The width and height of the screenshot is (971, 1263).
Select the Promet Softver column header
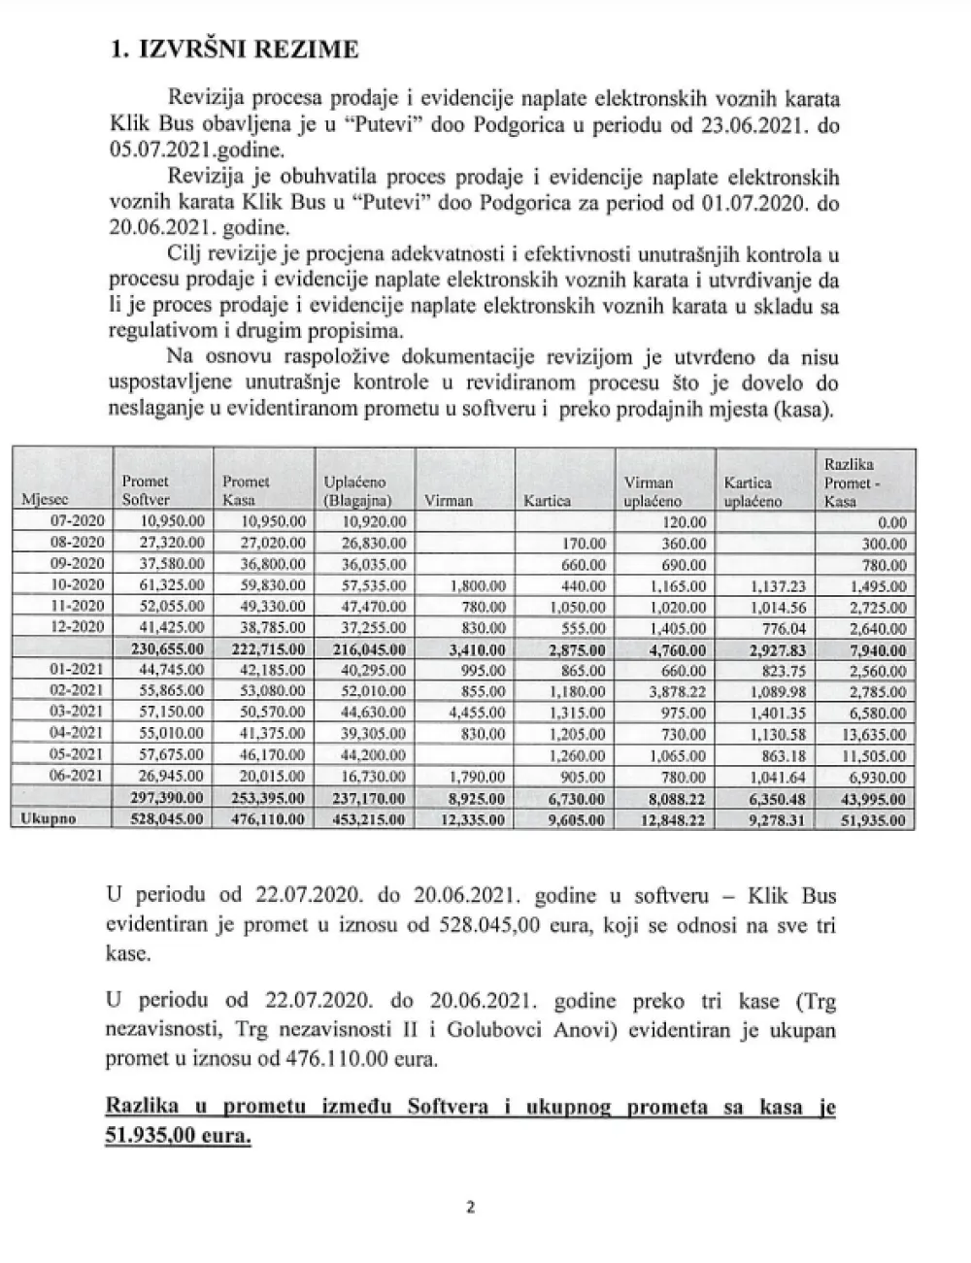coord(145,490)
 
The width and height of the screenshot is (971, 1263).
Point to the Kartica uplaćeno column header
coord(748,491)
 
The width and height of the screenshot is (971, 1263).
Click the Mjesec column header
coord(42,501)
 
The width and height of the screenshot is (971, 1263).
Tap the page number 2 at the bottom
coord(470,1209)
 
